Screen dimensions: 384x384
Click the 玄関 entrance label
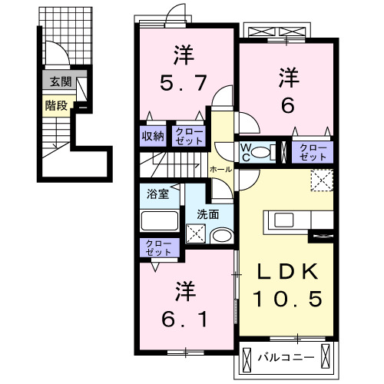click(x=56, y=81)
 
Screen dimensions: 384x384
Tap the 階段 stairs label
click(x=55, y=106)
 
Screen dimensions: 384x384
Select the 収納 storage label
click(x=153, y=135)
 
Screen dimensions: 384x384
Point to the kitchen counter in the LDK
click(x=292, y=222)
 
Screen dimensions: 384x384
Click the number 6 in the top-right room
click(x=286, y=104)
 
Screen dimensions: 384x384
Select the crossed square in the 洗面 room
click(x=196, y=233)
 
